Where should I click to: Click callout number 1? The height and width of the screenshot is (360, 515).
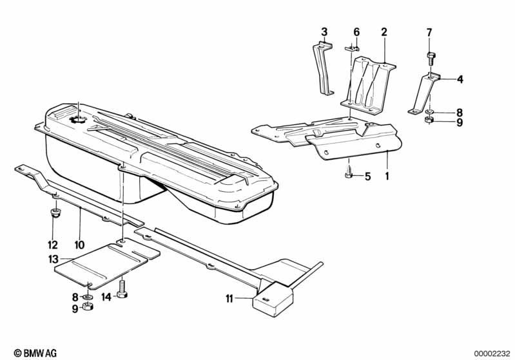tap(387, 175)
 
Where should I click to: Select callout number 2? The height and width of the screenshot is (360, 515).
tap(384, 32)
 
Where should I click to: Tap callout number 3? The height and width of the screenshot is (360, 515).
tap(324, 32)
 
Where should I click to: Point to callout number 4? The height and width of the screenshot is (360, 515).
tap(460, 80)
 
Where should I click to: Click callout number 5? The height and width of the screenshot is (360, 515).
tap(367, 176)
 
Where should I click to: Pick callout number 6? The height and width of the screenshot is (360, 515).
tap(356, 32)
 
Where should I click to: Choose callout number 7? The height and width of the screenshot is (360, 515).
tap(429, 32)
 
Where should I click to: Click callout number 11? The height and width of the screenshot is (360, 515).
tap(229, 298)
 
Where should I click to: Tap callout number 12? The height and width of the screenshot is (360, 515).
tap(52, 245)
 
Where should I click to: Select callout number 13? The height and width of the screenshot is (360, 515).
tap(52, 259)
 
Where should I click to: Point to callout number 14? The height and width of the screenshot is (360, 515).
tap(106, 296)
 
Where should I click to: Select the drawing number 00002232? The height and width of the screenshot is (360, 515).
tap(492, 353)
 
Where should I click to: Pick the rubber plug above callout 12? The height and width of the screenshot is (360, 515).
tap(55, 213)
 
